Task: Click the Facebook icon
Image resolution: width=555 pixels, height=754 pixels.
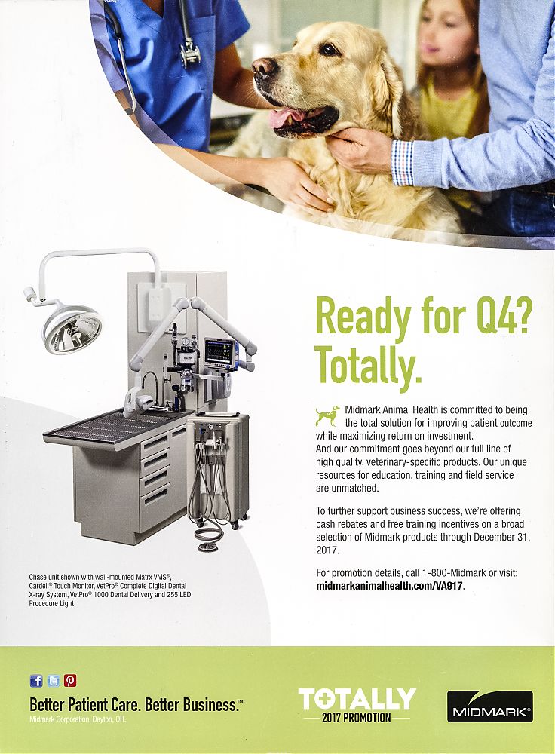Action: point(36,680)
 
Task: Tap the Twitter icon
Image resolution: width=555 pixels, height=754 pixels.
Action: point(54,680)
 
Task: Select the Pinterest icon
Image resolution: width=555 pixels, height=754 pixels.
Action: point(70,680)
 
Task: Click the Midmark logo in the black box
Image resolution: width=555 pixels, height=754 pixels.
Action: point(490,706)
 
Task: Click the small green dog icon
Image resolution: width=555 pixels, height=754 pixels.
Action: point(327,415)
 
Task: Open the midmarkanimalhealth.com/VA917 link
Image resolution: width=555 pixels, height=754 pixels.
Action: point(390,586)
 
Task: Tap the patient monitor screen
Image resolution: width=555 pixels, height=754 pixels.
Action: point(219,351)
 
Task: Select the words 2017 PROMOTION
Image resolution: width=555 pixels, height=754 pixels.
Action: point(357,718)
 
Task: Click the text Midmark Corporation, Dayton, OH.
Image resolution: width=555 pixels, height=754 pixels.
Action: point(78,720)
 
